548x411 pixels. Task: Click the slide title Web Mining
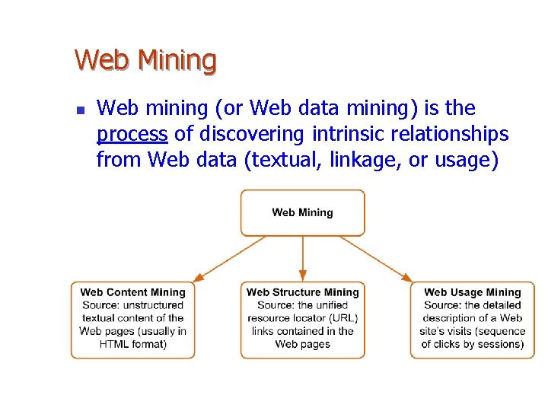[x=145, y=59]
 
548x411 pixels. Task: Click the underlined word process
[x=132, y=135]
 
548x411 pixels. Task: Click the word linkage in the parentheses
[x=355, y=160]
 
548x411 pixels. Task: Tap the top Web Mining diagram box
[x=302, y=212]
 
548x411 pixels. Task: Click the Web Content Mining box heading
[x=132, y=292]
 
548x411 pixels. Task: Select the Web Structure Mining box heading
[x=302, y=292]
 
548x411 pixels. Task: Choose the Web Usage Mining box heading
[x=472, y=292]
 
